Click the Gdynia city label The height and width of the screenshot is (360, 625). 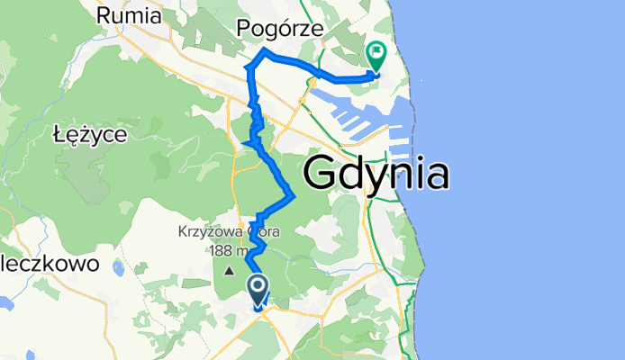[x=377, y=173]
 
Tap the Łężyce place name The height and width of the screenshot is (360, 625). [x=90, y=134]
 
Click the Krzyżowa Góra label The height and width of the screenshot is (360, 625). [x=229, y=231]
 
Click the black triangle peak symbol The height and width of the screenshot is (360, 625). [x=230, y=270]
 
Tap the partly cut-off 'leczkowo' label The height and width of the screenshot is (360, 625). [x=36, y=266]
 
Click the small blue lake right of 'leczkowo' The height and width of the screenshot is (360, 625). [x=117, y=266]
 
